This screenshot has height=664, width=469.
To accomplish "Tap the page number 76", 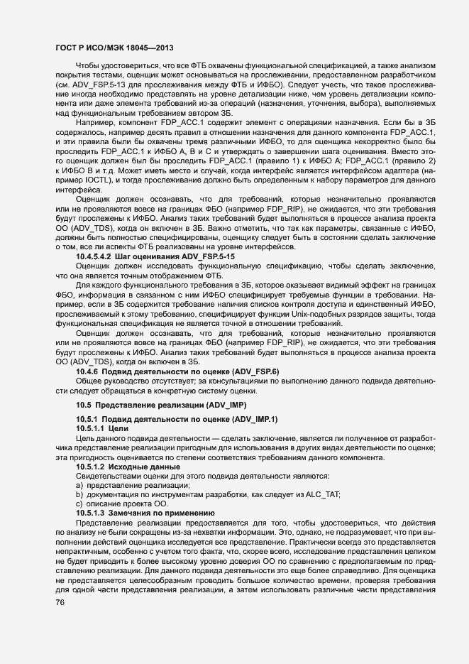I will [x=62, y=602].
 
